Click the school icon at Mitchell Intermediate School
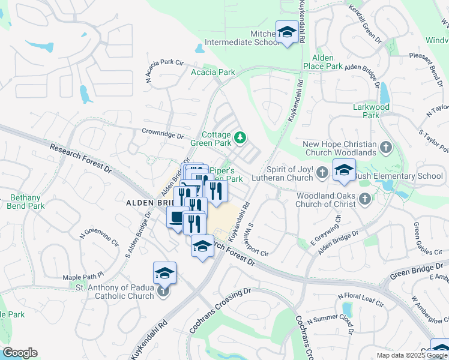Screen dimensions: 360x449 click(x=286, y=32)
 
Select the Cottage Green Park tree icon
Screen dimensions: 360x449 click(x=240, y=139)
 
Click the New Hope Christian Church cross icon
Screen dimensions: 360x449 click(x=385, y=146)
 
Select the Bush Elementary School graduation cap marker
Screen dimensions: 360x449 click(x=344, y=170)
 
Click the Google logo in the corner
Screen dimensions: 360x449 click(x=20, y=352)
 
